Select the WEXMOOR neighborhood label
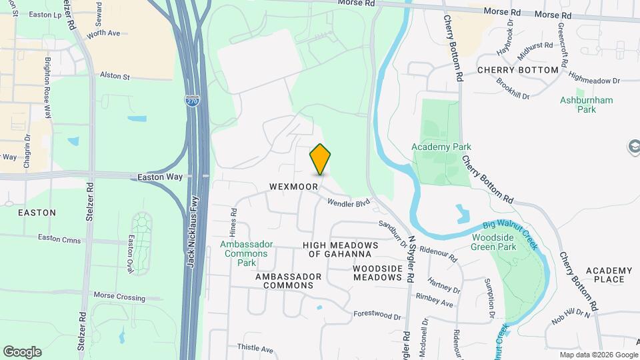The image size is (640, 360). coord(293,187)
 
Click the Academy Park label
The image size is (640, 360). coord(441,147)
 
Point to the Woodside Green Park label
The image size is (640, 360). coord(494,242)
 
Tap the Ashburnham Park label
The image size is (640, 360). coord(577,105)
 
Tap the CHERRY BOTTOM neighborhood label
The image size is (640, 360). coord(517,70)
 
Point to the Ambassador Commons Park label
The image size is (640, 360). coord(246,253)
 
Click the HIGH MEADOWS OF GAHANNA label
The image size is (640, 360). coord(340,249)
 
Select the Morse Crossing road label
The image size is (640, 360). coord(119,296)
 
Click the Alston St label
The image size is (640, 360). coord(115,77)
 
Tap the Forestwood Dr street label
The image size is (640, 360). coord(377,315)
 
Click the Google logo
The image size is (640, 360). coord(22,352)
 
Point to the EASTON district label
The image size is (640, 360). coord(37,213)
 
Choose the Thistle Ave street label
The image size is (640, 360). coord(255,349)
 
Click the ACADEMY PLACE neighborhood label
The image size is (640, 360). coord(609,275)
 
